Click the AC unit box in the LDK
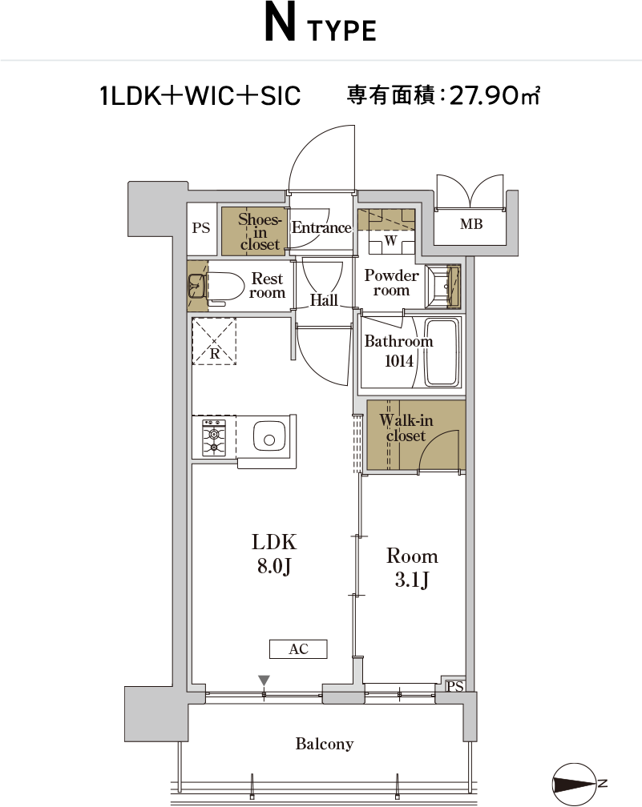coord(298,649)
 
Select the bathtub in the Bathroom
coord(442,352)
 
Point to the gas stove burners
coord(214,437)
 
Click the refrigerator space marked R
coord(214,341)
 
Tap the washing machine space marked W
coord(391,240)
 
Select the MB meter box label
coord(471,224)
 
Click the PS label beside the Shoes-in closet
coord(201,227)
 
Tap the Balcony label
coord(325,744)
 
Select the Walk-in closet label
coord(406,428)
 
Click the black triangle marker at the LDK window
coord(264,681)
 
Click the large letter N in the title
coord(281,22)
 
